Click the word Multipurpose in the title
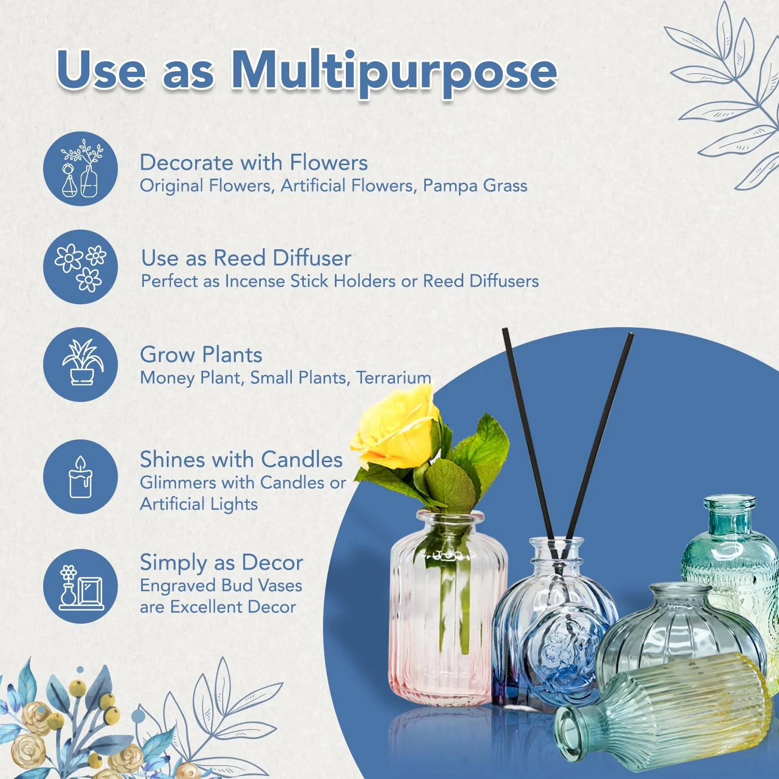394,71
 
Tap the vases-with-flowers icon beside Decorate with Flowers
80,169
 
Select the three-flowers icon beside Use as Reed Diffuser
80,267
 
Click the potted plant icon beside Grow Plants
80,364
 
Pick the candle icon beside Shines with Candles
80,477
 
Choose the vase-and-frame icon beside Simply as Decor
80,586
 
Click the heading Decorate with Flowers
253,163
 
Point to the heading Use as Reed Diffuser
246,258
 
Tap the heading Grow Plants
201,355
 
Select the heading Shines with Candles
241,460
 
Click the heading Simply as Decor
221,562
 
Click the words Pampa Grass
475,185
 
